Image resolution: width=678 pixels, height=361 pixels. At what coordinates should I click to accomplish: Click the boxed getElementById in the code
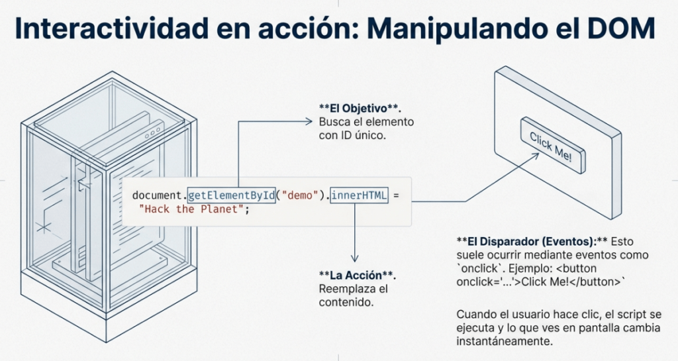(231, 195)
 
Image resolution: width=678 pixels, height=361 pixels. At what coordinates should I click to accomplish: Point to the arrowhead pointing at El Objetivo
(308, 121)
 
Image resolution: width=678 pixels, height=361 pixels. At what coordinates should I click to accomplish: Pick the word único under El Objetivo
(370, 135)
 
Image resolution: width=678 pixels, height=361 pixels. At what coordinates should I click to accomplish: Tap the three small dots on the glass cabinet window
(154, 132)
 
